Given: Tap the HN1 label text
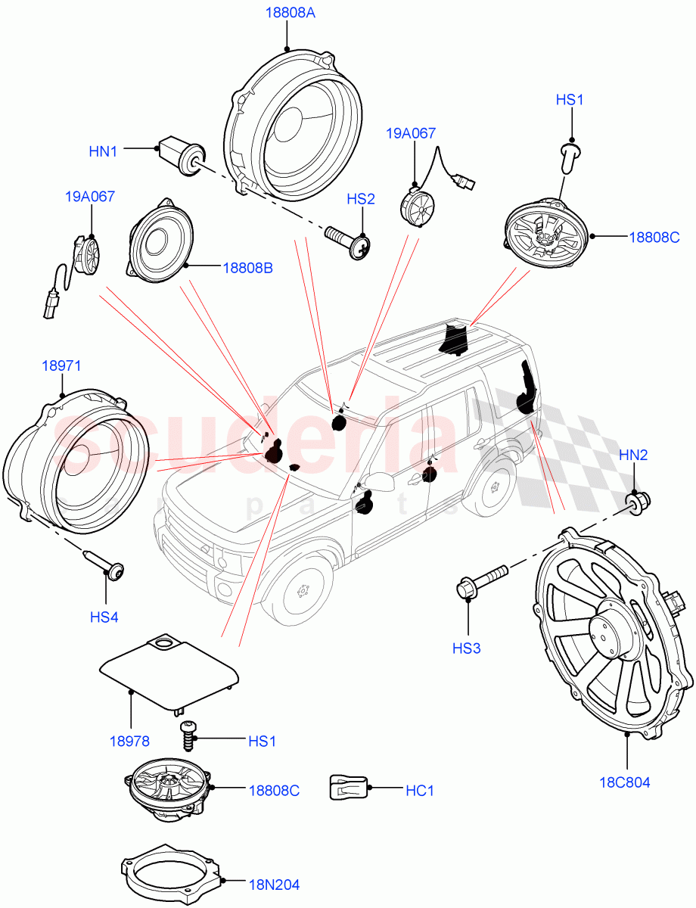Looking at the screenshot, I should (x=103, y=151).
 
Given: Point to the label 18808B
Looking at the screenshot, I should (x=247, y=267).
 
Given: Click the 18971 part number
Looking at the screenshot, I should (x=61, y=366).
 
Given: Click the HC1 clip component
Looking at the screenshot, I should (x=347, y=788).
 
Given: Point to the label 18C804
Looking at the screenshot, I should (x=627, y=782).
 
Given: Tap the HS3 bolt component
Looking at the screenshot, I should (x=481, y=583).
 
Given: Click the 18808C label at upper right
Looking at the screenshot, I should (x=654, y=237).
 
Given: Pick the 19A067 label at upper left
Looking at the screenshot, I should (x=89, y=197).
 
